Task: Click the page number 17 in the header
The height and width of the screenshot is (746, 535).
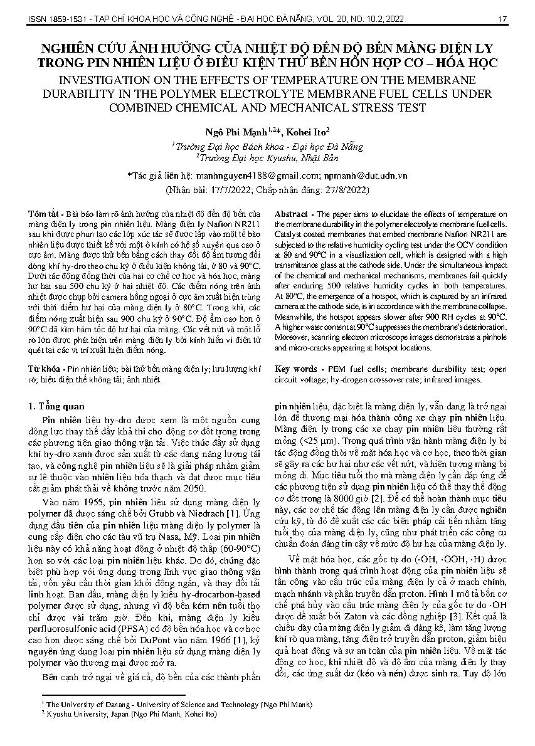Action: tap(502, 19)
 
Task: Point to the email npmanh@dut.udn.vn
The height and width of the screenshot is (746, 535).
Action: tap(364, 176)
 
